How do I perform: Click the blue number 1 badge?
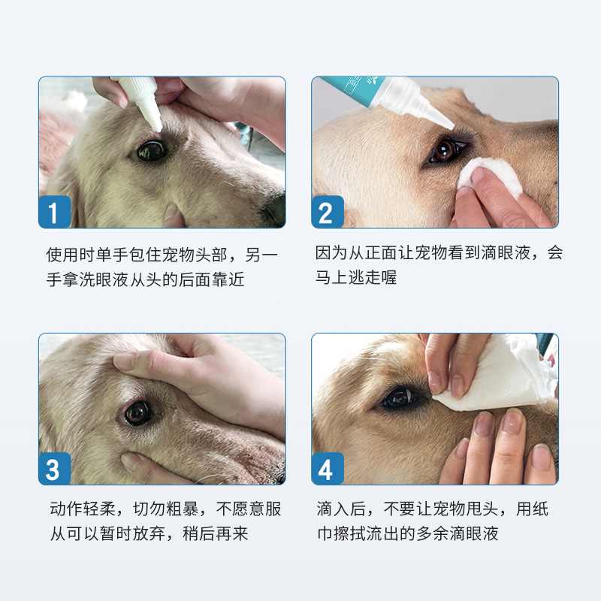point(55,212)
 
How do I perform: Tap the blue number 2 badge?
point(328,212)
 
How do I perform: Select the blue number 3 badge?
point(55,468)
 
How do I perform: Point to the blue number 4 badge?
point(328,468)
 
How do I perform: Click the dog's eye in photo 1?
point(152,150)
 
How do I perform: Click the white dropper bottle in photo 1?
point(142,101)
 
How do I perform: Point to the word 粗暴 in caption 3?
point(183,509)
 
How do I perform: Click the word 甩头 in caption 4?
point(482,509)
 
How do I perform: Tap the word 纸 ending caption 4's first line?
point(540,509)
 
